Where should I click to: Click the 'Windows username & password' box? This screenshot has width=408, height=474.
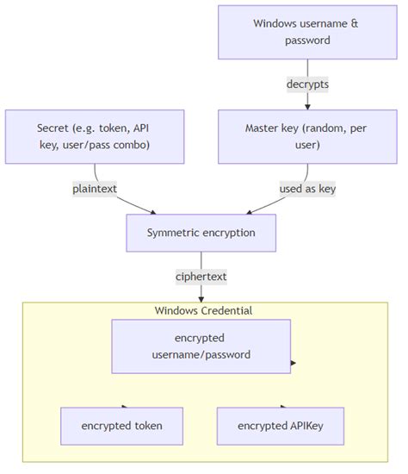point(306,32)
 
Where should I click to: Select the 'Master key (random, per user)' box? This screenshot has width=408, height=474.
point(306,136)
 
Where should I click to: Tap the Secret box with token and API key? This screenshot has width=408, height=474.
point(95,136)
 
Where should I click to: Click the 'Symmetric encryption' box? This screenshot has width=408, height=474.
point(201,233)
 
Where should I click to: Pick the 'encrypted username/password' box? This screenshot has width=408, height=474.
point(201,346)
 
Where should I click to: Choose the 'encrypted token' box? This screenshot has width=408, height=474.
point(121,426)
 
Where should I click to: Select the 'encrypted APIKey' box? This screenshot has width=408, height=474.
point(279,426)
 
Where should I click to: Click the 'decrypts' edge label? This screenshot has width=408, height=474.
point(307,84)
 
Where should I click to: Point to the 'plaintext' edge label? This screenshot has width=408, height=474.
point(95,189)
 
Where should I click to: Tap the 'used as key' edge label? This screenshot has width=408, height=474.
point(307,189)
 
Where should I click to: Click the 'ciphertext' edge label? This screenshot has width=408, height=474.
point(201,277)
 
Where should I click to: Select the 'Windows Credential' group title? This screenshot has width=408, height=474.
point(203,310)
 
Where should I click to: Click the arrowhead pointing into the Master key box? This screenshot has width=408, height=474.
point(307,106)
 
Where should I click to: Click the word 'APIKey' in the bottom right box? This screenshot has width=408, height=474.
point(300,426)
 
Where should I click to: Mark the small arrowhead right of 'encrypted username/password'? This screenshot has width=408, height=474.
point(294,363)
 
